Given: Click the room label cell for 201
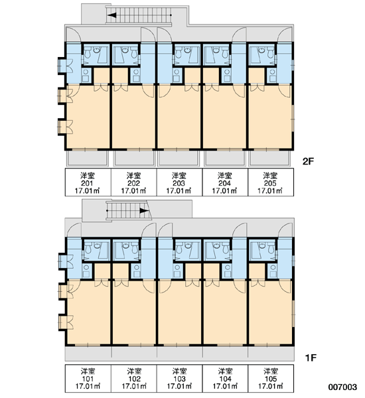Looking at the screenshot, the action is coord(88,182).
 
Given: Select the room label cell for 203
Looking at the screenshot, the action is coord(179,182).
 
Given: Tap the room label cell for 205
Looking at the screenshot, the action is coord(271,182).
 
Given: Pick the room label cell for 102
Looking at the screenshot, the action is coord(134,379).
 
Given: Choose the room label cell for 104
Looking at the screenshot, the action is coord(225,379).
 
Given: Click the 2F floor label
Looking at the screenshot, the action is coord(308,161).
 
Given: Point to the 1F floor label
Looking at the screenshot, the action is coord(311,358).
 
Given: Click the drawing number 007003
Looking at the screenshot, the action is coord(342,387).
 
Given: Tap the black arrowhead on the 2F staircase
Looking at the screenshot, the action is coord(111,15).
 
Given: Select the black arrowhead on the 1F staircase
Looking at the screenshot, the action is coord(144,211).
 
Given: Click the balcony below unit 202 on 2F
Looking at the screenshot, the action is coord(134,159).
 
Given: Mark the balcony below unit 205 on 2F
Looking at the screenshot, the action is coord(271,159).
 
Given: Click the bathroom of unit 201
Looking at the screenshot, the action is coord(96,54).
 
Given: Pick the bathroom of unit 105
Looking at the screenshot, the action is coord(263,251).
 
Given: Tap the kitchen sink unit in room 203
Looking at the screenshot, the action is coord(177,76).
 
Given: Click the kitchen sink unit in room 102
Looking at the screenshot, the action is coord(137,271).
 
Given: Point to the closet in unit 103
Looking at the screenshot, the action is coord(193,271).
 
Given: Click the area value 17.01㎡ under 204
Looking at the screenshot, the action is coord(224,191).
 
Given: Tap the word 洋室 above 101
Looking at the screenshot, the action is coord(88,371).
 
